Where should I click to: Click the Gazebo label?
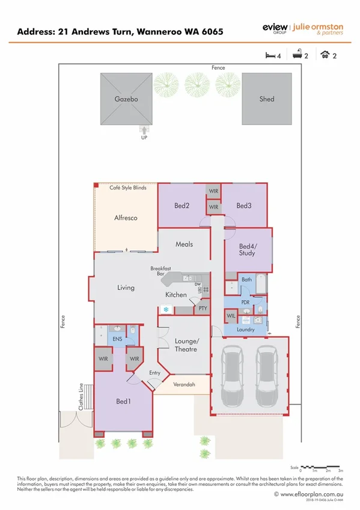click(127, 99)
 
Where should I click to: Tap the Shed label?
click(267, 99)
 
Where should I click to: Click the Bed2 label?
click(182, 206)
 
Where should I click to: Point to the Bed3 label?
click(243, 206)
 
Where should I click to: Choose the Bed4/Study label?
click(247, 250)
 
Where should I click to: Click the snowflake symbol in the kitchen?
click(166, 310)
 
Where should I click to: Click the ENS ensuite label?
click(118, 339)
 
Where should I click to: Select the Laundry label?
click(246, 330)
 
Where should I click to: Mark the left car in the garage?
click(231, 377)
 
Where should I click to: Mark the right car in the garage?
click(266, 377)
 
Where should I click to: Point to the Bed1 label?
click(124, 401)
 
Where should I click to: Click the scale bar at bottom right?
click(321, 466)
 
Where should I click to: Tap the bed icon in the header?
click(271, 55)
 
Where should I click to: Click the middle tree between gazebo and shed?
click(197, 85)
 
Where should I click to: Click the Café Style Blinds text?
click(127, 188)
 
